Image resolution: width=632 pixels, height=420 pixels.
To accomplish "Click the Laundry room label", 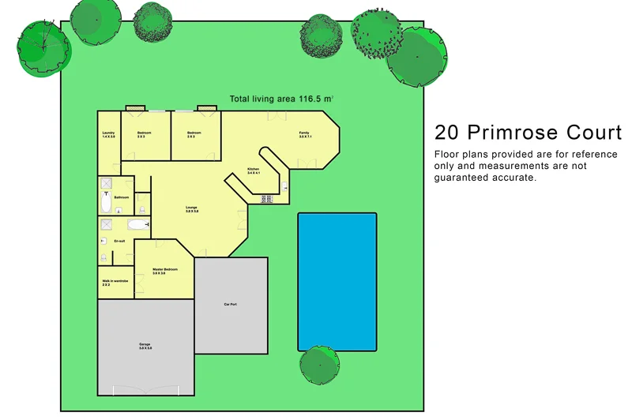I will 108,134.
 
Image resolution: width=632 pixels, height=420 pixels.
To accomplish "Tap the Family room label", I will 304,134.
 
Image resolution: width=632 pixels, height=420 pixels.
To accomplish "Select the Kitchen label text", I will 253,171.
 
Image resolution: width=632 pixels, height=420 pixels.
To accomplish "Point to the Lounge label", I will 192,209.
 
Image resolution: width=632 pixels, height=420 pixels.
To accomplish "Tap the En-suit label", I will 120,240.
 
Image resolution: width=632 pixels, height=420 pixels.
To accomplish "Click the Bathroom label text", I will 121,197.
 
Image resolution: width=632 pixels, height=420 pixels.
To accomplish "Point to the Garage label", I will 145,346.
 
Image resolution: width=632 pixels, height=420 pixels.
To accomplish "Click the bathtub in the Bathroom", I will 106,204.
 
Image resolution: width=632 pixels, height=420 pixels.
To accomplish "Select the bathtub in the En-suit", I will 138,225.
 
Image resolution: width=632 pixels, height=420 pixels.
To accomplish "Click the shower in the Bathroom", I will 106,183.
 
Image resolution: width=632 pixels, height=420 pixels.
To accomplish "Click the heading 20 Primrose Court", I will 528,132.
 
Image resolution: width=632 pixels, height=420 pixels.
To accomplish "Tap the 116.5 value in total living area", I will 311,99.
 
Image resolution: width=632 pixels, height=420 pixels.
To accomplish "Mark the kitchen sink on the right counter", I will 284,187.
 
